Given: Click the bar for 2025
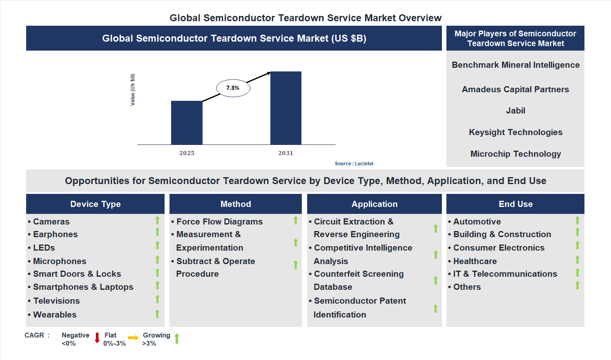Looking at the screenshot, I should pyautogui.click(x=187, y=122).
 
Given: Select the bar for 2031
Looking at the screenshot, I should pyautogui.click(x=286, y=108).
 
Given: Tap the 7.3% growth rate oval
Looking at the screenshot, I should pyautogui.click(x=233, y=88).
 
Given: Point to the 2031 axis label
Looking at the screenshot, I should pyautogui.click(x=285, y=153).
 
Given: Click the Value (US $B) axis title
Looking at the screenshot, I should pyautogui.click(x=132, y=90).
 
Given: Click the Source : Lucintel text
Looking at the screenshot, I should pyautogui.click(x=354, y=164).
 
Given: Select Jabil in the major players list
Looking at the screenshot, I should pyautogui.click(x=515, y=111).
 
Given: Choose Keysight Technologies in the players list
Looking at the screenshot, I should pyautogui.click(x=515, y=132).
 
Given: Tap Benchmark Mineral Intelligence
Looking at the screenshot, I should pyautogui.click(x=515, y=65).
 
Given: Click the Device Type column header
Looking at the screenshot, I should pyautogui.click(x=95, y=204).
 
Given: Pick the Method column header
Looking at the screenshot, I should pyautogui.click(x=236, y=204).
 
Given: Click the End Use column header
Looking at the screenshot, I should pyautogui.click(x=515, y=204).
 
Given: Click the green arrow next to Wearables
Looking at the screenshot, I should pyautogui.click(x=157, y=314).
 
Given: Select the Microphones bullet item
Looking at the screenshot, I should pyautogui.click(x=60, y=261).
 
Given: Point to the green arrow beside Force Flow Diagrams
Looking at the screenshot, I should pyautogui.click(x=296, y=221).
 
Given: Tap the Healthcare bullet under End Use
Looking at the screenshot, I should pyautogui.click(x=475, y=261).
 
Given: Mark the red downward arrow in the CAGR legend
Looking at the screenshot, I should pyautogui.click(x=97, y=338).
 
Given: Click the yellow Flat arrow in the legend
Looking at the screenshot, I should pyautogui.click(x=133, y=338).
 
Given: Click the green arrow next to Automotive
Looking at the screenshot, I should pyautogui.click(x=578, y=221).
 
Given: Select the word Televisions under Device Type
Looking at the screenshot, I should pyautogui.click(x=56, y=301).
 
